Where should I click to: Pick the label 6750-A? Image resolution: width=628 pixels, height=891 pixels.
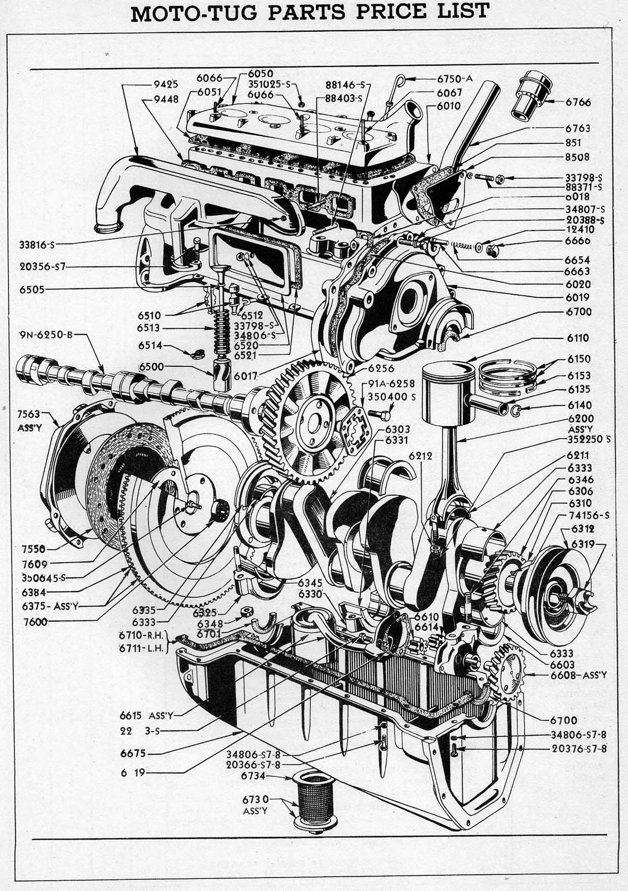[455, 79]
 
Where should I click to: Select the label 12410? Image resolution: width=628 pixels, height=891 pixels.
[579, 229]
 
